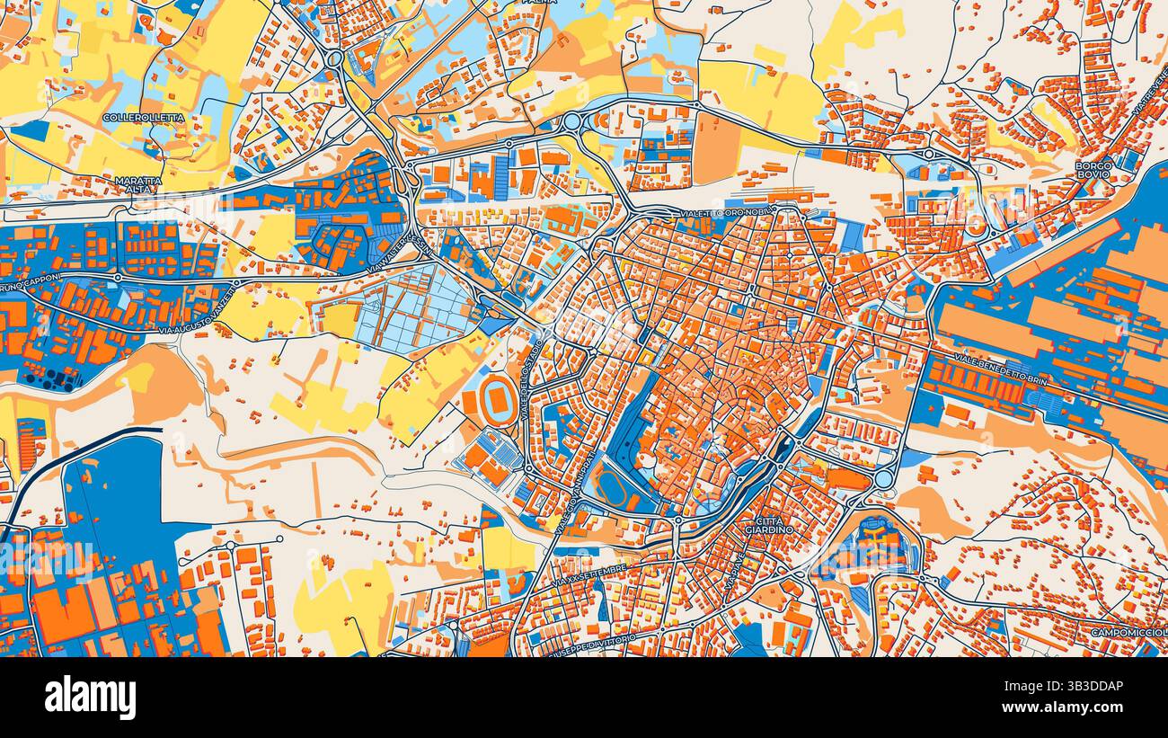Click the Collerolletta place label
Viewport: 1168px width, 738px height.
point(144,118)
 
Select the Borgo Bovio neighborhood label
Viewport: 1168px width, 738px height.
point(1093,170)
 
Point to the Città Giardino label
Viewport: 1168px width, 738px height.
point(769,525)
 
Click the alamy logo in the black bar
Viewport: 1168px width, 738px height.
point(90,698)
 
